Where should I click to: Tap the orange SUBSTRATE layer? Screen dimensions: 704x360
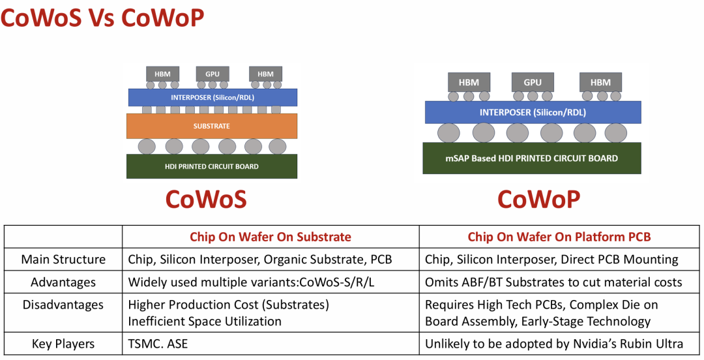coord(211,126)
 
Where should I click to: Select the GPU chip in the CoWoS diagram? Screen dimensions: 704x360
coord(213,74)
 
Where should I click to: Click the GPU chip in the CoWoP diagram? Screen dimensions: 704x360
coord(533,82)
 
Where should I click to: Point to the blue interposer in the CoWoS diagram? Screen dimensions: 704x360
coord(213,98)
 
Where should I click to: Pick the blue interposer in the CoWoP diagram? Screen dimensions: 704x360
coord(533,112)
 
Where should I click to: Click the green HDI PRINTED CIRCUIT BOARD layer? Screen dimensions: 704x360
coord(211,166)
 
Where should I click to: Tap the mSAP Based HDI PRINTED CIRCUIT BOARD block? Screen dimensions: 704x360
coord(532,158)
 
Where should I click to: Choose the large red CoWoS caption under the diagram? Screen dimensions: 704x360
coord(206,199)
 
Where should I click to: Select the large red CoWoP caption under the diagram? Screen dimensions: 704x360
coord(539,199)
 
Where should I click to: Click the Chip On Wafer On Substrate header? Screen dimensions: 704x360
coord(271,237)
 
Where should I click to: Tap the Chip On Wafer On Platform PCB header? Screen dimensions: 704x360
coord(559,237)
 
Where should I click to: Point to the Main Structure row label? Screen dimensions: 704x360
coord(63,260)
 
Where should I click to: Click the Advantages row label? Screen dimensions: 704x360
coord(63,282)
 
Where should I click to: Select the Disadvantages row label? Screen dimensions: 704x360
coord(63,305)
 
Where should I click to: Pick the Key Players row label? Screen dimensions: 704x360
coord(63,344)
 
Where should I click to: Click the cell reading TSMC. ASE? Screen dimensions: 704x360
coord(158,344)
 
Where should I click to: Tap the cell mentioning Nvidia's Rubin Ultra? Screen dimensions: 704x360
coord(554,344)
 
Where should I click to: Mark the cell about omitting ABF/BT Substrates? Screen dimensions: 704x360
coord(553,282)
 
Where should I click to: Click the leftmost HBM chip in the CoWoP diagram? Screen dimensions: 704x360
coord(469,82)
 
